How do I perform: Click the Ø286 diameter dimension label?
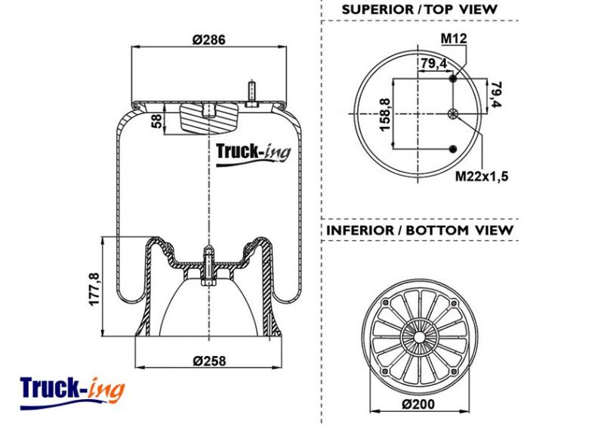click(209, 39)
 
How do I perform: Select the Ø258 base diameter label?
click(209, 360)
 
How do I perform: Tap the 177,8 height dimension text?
click(94, 289)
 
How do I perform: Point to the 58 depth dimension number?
click(158, 121)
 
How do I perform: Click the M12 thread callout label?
click(454, 39)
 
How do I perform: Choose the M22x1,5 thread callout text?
click(482, 176)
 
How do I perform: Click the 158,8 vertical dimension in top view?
click(385, 114)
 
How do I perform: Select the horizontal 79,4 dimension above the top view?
click(433, 63)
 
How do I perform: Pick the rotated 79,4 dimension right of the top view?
click(497, 94)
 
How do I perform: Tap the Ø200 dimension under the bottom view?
click(418, 404)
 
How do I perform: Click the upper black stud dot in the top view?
click(453, 79)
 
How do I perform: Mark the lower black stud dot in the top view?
click(453, 149)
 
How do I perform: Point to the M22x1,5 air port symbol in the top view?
click(453, 114)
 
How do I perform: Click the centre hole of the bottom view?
click(419, 337)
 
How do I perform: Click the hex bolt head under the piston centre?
click(209, 283)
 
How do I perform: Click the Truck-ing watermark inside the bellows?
click(253, 155)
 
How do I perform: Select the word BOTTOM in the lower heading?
click(438, 231)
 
